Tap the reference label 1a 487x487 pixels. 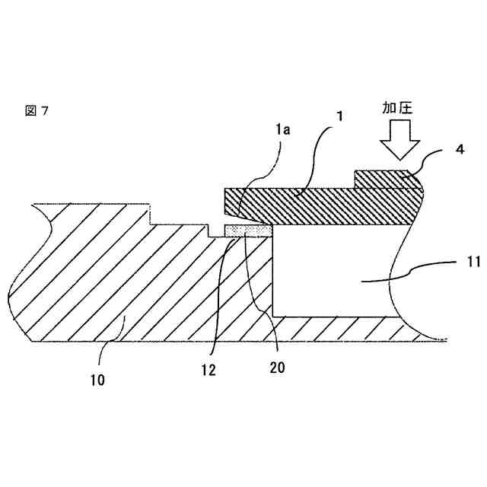click(282, 131)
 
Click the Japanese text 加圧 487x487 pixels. click(397, 109)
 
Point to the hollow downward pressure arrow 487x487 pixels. click(399, 140)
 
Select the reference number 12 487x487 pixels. click(209, 370)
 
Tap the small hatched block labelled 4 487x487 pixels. click(384, 179)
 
